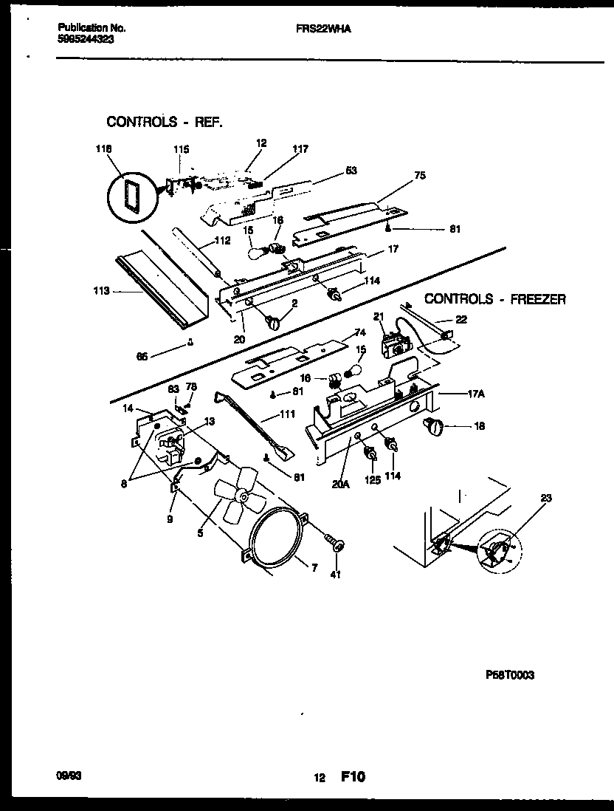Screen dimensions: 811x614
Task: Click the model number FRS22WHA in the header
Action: pyautogui.click(x=319, y=27)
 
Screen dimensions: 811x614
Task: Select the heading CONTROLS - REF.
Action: pyautogui.click(x=164, y=122)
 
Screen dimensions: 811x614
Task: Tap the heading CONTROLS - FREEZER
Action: pyautogui.click(x=494, y=299)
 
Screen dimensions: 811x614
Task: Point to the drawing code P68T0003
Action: pyautogui.click(x=510, y=675)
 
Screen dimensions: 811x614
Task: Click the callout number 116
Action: pyautogui.click(x=104, y=149)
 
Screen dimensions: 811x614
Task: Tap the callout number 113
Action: pyautogui.click(x=101, y=291)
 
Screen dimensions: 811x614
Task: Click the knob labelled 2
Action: pyautogui.click(x=274, y=322)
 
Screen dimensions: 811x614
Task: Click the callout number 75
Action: pyautogui.click(x=419, y=177)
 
